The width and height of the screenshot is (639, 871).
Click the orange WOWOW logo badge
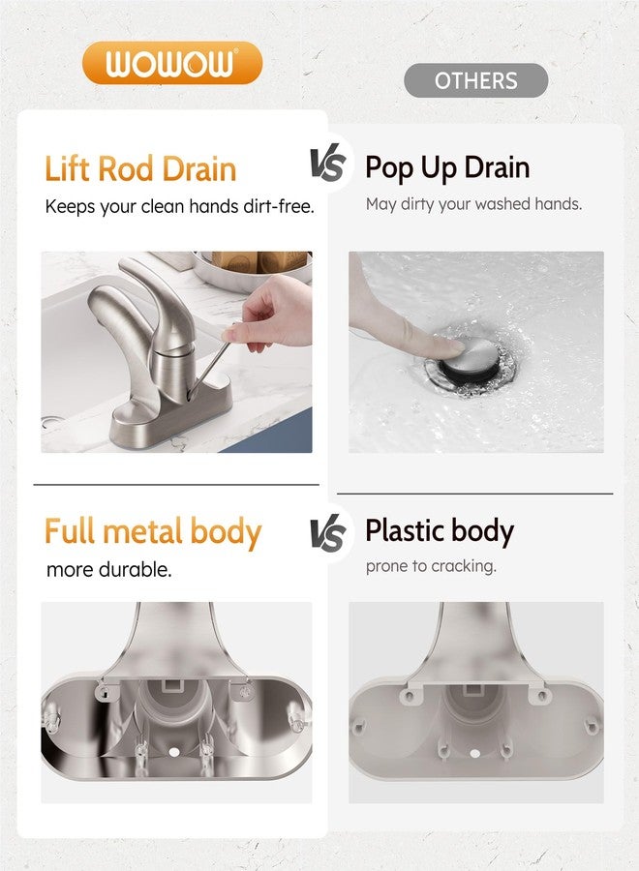171,63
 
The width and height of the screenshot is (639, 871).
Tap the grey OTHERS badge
475,80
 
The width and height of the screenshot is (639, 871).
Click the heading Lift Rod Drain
140,168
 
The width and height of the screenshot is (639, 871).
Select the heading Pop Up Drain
447,167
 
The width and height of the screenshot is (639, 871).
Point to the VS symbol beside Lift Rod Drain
328,165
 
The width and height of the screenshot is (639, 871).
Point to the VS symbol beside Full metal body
328,534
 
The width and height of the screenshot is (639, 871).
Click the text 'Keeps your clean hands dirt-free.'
179,207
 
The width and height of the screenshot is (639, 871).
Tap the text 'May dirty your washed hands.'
473,204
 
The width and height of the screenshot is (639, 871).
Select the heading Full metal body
153,531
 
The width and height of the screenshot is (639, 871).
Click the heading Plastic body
440,531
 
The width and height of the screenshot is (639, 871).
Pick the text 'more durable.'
108,569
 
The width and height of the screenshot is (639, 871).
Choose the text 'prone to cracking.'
431,566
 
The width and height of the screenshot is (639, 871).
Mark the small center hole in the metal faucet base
174,752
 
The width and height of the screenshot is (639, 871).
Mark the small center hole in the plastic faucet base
474,753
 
